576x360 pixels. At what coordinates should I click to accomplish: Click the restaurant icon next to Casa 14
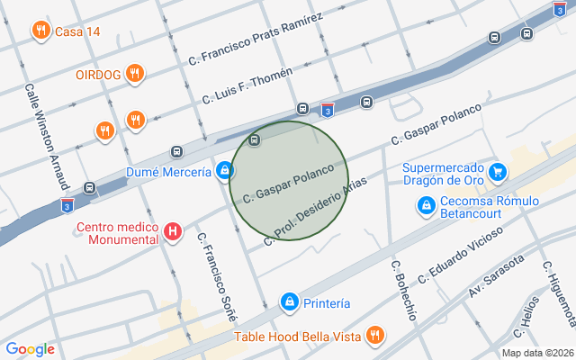point(40,31)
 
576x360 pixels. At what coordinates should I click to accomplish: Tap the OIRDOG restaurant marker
point(134,74)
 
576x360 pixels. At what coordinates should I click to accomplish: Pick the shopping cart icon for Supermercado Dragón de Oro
point(497,169)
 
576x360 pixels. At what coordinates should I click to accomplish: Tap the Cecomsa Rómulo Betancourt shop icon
point(426,207)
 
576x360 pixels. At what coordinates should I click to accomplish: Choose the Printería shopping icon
point(289,303)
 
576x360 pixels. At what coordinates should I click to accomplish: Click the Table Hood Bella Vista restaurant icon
point(374,337)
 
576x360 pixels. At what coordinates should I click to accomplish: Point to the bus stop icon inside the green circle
point(255,140)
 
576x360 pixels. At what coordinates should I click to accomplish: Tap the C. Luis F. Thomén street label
point(248,85)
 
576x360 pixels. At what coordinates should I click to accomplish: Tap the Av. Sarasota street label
point(495,278)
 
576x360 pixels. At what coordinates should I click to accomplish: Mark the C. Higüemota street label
point(558,292)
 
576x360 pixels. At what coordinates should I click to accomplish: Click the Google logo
point(30,349)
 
